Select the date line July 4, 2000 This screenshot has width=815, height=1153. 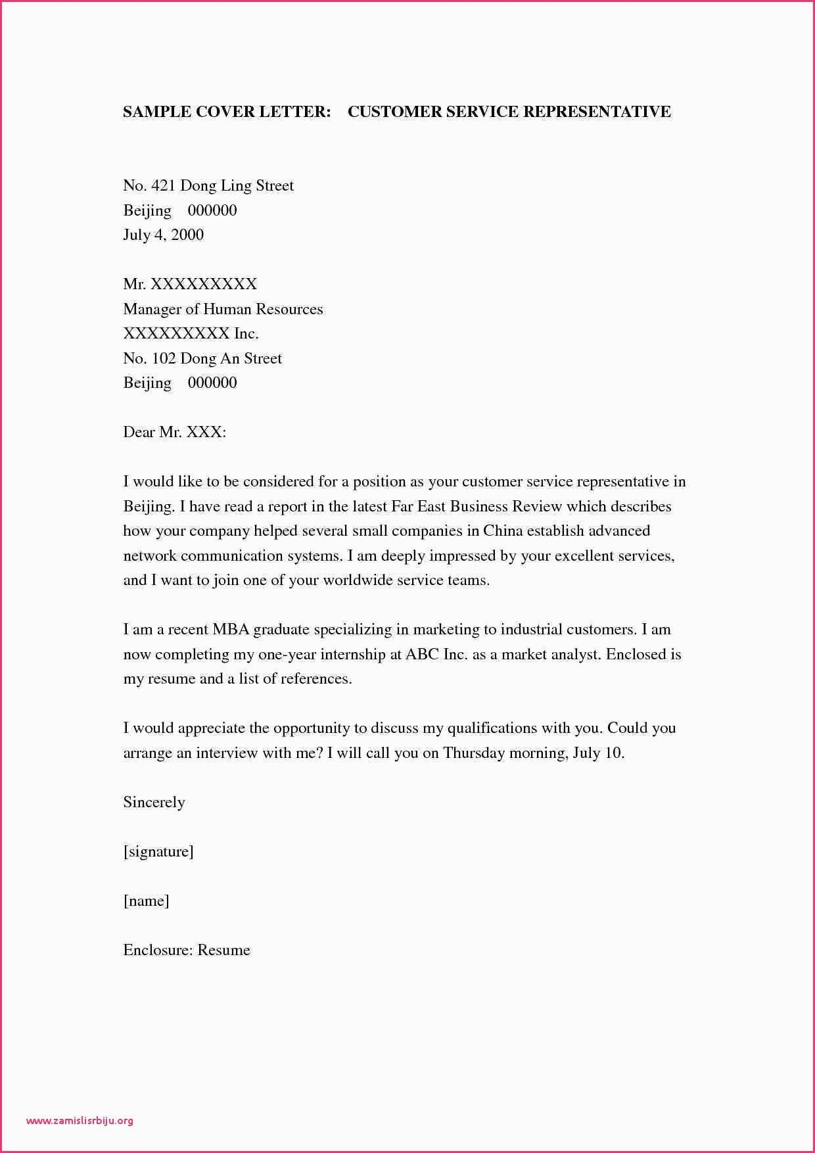pyautogui.click(x=163, y=235)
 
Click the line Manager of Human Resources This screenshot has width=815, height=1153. pyautogui.click(x=223, y=309)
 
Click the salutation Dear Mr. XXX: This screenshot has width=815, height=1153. pyautogui.click(x=174, y=433)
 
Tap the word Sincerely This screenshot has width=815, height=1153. pyautogui.click(x=154, y=803)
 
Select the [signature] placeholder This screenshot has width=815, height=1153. pyautogui.click(x=158, y=852)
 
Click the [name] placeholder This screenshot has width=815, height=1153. pyautogui.click(x=146, y=901)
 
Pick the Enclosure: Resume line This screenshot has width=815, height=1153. pyautogui.click(x=187, y=951)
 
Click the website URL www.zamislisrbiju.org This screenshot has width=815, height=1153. pyautogui.click(x=80, y=1120)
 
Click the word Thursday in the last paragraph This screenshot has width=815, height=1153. pyautogui.click(x=474, y=753)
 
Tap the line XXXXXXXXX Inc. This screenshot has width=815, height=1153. pyautogui.click(x=191, y=334)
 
